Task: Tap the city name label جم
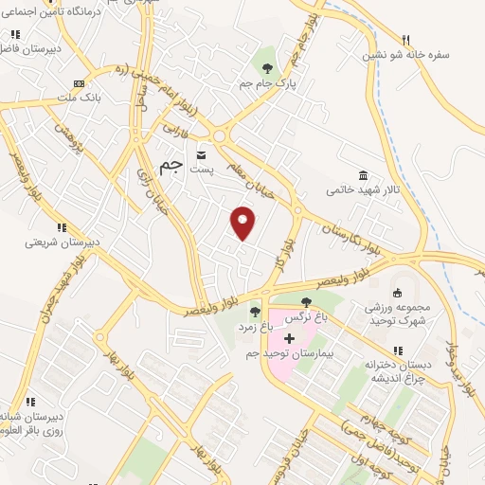pos(170,168)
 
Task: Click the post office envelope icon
pos(201,153)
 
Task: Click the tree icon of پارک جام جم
pos(268,67)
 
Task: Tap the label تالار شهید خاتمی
pos(364,189)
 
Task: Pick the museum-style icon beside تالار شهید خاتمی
pos(364,174)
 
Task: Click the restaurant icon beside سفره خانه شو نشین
pos(406,39)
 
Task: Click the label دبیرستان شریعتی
pos(62,242)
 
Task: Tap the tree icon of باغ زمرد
pos(254,310)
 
